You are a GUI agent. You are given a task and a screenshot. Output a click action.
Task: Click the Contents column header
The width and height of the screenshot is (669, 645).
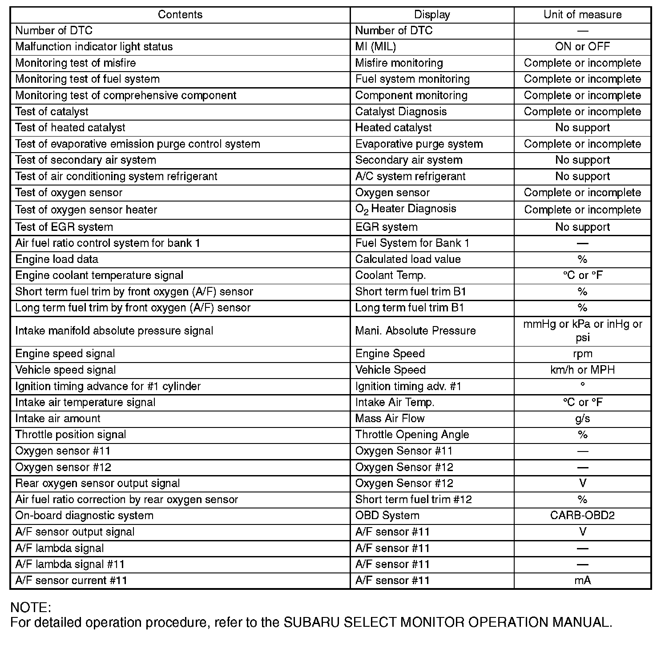[180, 15]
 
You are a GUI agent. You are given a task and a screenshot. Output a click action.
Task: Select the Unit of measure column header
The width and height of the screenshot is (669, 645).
[582, 15]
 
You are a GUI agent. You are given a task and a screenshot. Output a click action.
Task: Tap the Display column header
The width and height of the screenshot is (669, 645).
[432, 15]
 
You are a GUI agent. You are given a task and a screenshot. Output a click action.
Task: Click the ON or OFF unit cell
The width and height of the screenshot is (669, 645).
[582, 47]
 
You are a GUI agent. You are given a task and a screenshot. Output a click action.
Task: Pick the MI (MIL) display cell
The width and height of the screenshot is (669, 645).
[375, 47]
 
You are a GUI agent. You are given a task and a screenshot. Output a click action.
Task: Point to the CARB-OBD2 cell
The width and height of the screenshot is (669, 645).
[582, 516]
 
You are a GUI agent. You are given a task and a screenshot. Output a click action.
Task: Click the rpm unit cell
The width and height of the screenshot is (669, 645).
[582, 354]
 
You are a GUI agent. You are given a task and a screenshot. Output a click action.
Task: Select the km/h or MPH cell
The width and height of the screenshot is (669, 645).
[582, 370]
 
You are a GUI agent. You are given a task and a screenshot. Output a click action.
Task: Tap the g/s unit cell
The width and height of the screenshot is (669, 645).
[582, 419]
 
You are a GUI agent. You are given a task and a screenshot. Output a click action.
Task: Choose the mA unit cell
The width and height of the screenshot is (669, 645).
[582, 580]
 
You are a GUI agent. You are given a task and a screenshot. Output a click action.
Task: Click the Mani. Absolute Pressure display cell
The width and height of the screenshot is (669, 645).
[415, 331]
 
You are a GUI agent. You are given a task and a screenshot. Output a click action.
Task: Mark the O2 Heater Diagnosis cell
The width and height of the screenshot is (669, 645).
[406, 209]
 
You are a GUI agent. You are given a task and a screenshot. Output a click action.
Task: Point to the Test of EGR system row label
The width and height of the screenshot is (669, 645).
[64, 227]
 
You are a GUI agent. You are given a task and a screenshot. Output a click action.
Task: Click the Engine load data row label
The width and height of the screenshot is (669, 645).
[56, 259]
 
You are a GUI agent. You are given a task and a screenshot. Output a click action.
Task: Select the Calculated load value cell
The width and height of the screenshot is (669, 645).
[408, 259]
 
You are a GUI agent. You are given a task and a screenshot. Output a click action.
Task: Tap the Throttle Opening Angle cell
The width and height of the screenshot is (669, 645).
[412, 435]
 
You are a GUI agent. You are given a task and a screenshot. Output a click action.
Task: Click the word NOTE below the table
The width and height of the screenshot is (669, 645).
[30, 608]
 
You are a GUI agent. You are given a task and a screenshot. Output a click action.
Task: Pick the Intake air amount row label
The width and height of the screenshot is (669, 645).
[58, 419]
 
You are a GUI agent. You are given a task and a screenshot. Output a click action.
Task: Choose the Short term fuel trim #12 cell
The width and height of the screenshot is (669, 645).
[413, 500]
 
